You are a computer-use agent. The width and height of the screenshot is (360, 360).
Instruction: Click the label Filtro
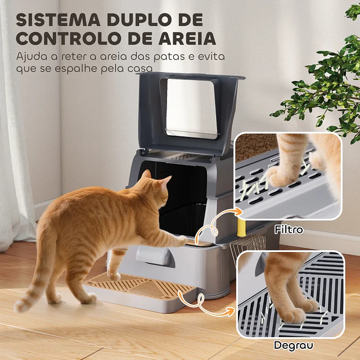click(289, 229)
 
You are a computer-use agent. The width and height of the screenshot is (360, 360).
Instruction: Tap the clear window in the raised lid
click(191, 107)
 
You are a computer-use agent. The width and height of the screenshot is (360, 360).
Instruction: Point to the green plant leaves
click(326, 84)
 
